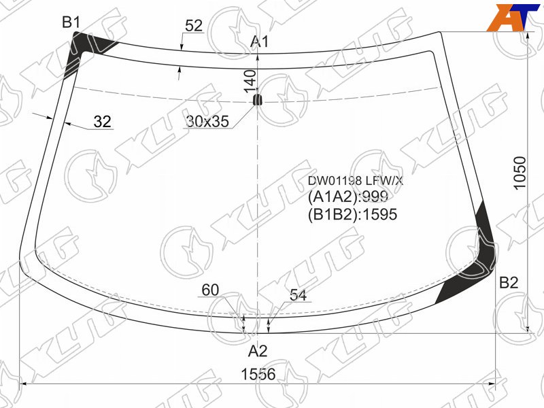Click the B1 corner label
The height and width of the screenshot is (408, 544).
(71, 22)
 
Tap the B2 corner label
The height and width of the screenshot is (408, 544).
(509, 283)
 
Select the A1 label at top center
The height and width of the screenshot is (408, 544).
(260, 41)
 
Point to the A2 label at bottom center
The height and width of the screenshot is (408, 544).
(258, 352)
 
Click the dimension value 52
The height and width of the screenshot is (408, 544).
(194, 26)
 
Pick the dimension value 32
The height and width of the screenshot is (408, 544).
(103, 122)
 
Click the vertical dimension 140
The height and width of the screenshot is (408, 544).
(250, 81)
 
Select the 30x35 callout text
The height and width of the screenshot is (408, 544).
(207, 121)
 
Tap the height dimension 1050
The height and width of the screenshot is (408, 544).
(520, 173)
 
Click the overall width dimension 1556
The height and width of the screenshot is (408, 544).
(258, 374)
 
